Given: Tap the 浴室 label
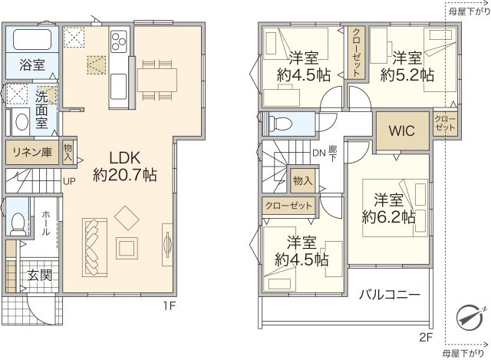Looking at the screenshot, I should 31,65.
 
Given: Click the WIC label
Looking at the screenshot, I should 402,131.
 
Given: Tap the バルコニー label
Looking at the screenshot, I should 389,295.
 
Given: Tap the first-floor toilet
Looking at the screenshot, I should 16,221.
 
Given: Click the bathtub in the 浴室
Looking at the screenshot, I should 31,41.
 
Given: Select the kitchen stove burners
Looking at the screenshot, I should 120,41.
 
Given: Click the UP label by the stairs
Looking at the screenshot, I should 69,182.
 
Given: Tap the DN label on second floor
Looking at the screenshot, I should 319,153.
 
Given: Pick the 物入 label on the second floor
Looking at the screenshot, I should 303,181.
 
